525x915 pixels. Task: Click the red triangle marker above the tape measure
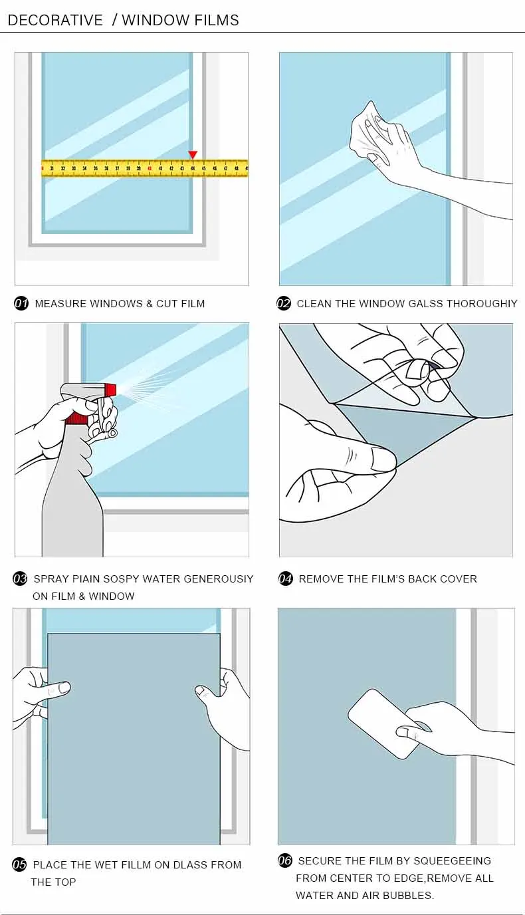click(x=193, y=155)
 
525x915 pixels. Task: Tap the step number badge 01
click(x=21, y=303)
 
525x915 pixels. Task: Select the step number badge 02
click(x=284, y=303)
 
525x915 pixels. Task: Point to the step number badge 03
click(x=20, y=579)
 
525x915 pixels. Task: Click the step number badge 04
click(x=285, y=579)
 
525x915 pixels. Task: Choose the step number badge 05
click(x=19, y=864)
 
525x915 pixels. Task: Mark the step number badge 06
click(x=285, y=860)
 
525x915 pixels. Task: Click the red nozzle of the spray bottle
click(x=110, y=390)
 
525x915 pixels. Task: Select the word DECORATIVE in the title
click(x=56, y=20)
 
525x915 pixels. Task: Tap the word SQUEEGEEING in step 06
click(x=453, y=860)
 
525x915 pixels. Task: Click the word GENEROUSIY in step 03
click(x=219, y=579)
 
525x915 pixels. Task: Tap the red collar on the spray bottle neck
click(x=76, y=419)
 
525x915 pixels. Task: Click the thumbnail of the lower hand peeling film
click(x=383, y=458)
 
